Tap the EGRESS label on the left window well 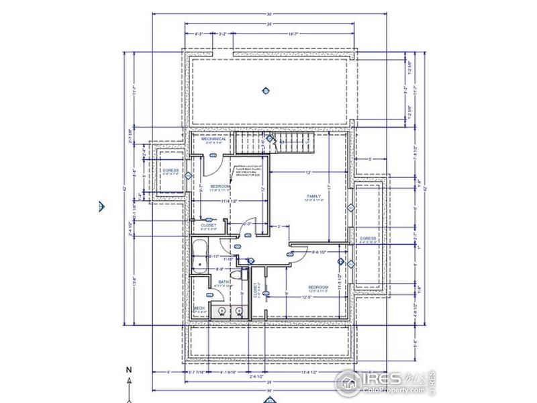point(171,171)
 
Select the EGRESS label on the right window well point(368,238)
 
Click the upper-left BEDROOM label point(220,186)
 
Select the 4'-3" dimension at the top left point(199,33)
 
